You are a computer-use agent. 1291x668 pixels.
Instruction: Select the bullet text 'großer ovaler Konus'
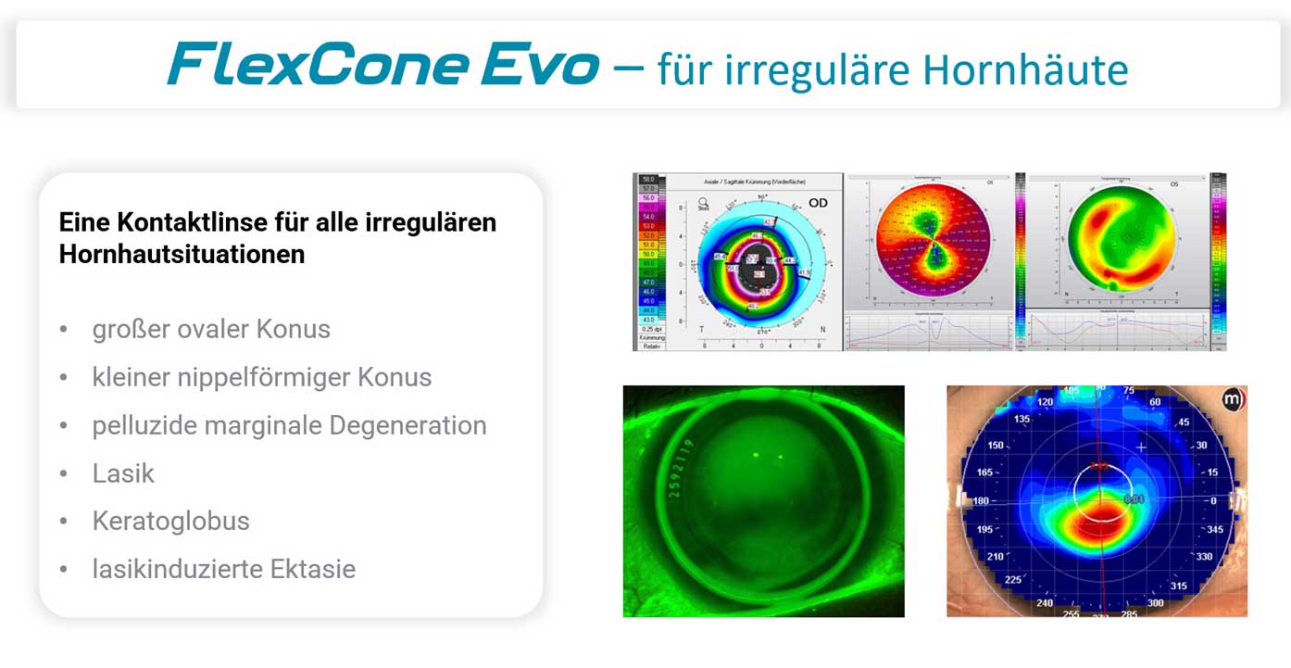click(x=211, y=329)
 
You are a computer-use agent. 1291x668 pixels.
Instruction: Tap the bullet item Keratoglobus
click(x=170, y=521)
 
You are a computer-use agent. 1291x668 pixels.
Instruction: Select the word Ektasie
click(x=312, y=569)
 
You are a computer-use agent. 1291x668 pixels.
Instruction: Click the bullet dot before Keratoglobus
click(x=63, y=522)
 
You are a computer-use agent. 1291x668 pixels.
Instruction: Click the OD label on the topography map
click(x=819, y=202)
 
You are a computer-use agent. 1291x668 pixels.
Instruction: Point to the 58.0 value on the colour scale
click(x=647, y=178)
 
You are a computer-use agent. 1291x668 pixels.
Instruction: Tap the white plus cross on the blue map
click(x=1142, y=447)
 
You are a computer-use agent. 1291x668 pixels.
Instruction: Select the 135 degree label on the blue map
click(x=996, y=419)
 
